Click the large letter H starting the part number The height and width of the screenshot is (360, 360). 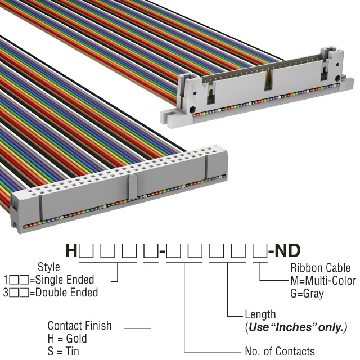click(x=71, y=250)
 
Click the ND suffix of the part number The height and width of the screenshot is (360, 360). click(x=287, y=250)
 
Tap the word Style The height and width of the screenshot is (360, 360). click(x=49, y=267)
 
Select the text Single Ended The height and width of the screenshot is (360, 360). click(x=65, y=280)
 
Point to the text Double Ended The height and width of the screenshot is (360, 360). click(x=67, y=292)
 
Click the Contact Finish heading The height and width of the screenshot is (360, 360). click(x=80, y=326)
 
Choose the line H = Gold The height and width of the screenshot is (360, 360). click(x=67, y=339)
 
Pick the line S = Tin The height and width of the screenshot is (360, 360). click(x=64, y=351)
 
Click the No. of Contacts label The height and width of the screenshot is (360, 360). click(x=280, y=351)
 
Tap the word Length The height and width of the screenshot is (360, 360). click(x=260, y=314)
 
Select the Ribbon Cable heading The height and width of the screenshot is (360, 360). click(x=321, y=268)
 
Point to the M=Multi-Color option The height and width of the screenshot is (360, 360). click(x=323, y=281)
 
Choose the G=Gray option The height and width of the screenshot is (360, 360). click(x=307, y=294)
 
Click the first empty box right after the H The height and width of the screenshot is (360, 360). click(x=86, y=251)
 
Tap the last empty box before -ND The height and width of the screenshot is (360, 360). click(x=260, y=251)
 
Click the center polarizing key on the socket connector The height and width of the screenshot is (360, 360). click(x=133, y=186)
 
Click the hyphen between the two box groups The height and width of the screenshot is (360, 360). click(x=162, y=252)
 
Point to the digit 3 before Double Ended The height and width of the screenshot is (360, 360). click(x=6, y=292)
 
